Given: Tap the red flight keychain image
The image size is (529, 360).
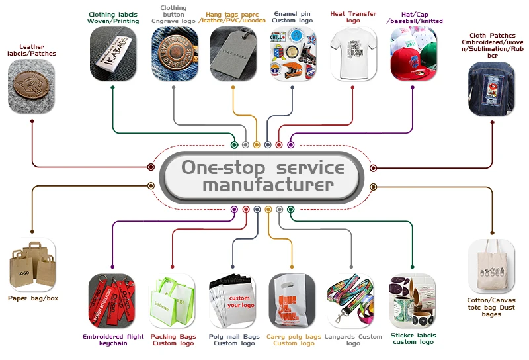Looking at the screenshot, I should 112,301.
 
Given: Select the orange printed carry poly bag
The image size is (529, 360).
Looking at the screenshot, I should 292,301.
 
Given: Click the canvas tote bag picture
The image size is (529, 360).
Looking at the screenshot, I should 492,267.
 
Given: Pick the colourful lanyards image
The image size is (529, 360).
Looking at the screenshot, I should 352,301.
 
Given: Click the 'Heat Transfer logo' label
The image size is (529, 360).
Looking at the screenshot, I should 353,17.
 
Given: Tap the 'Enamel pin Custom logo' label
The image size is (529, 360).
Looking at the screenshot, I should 292,17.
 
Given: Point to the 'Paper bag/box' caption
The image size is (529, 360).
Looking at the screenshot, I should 33,298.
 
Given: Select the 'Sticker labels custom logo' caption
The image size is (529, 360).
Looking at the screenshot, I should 413,339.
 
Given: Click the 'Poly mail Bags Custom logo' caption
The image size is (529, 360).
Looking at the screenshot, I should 233,340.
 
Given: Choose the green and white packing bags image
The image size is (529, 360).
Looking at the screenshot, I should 173,301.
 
